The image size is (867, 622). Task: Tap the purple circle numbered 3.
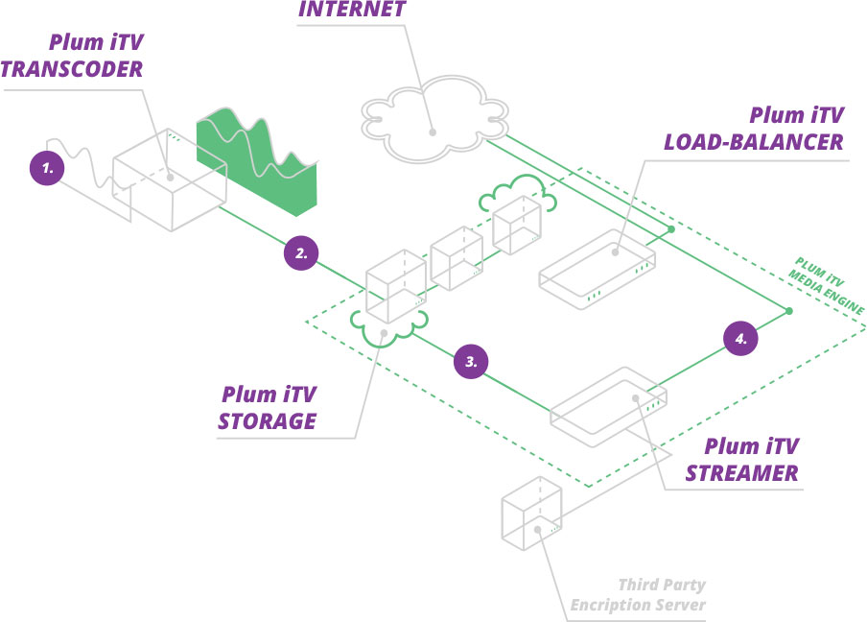(x=471, y=362)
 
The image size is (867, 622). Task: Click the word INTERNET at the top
(x=352, y=11)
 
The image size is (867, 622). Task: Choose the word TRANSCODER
(x=73, y=69)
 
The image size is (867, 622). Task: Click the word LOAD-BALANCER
(x=754, y=142)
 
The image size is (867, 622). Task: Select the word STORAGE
(x=268, y=421)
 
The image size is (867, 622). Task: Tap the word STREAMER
(x=742, y=473)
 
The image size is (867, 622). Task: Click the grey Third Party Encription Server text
(x=639, y=595)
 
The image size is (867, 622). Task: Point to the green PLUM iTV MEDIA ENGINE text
(x=827, y=285)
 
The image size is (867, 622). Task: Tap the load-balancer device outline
(x=596, y=269)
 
